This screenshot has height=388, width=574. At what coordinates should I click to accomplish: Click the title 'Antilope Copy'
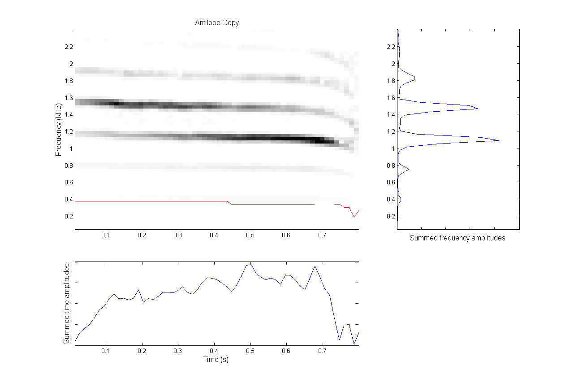217,23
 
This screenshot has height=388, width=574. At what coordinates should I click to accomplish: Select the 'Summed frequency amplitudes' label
457,238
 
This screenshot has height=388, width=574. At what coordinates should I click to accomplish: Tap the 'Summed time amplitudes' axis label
67,304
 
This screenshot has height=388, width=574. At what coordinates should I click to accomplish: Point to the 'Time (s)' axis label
216,360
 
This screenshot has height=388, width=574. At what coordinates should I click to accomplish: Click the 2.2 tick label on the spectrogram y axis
68,47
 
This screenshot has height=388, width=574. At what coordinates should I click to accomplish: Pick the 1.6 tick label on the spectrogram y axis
68,97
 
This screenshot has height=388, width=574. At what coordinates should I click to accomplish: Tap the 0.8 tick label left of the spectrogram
68,165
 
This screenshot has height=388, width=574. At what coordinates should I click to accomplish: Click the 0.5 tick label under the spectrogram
250,235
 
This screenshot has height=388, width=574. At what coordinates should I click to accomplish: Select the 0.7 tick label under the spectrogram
322,235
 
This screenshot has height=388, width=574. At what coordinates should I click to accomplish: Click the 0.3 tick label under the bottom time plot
178,351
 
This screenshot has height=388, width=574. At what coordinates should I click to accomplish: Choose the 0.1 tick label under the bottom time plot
106,351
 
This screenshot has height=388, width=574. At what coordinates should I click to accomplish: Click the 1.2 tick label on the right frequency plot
391,131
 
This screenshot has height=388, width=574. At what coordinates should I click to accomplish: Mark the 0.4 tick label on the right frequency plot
391,199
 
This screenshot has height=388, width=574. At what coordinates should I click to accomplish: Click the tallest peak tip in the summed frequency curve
499,141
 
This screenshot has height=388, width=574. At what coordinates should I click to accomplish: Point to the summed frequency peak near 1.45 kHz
478,109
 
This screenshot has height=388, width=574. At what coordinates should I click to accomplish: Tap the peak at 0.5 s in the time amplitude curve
250,264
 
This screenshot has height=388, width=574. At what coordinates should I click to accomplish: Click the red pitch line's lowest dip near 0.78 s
354,217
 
